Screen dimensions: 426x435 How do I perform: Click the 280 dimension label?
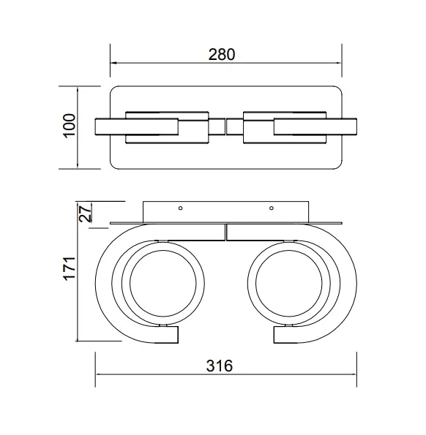[x=222, y=55]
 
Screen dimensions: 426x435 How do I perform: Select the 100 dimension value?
[x=69, y=126]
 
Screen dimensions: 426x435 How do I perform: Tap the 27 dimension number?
[x=86, y=213]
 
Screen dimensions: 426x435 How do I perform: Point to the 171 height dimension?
[x=70, y=269]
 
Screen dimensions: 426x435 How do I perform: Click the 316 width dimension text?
[x=220, y=366]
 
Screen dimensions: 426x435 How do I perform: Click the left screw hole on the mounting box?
[x=181, y=208]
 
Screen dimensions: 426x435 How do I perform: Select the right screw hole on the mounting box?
[x=272, y=208]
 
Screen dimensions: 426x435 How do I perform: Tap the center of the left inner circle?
[x=163, y=284]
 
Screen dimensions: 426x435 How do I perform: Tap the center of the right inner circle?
[x=289, y=284]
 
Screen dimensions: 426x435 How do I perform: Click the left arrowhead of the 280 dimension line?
[x=113, y=63]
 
